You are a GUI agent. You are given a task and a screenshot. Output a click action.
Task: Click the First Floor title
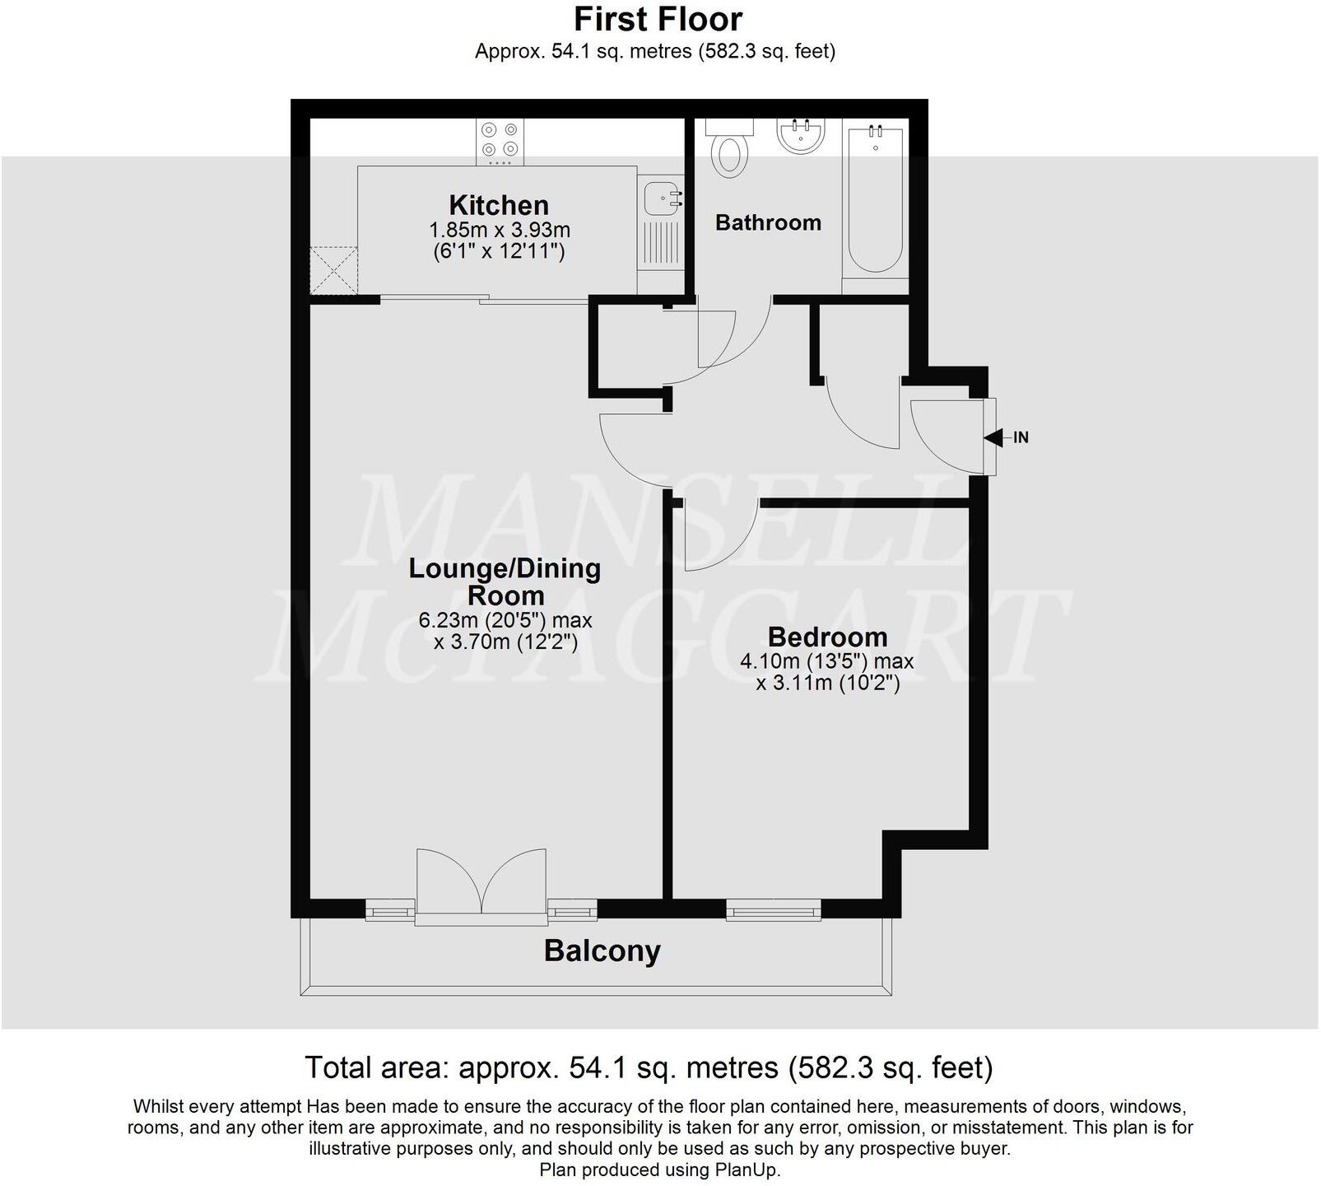658,19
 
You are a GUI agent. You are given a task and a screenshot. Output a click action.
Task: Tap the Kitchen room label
499,205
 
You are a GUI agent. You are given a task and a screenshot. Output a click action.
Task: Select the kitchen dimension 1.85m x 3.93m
499,230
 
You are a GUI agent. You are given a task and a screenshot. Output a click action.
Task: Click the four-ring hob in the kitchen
500,139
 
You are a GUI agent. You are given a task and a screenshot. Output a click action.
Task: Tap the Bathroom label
768,222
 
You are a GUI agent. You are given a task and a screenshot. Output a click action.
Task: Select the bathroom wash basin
801,136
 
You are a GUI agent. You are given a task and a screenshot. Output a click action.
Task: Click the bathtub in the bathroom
875,202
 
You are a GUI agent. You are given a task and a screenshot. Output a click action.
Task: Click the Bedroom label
827,637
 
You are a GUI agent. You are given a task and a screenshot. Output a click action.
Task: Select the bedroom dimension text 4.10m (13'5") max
827,661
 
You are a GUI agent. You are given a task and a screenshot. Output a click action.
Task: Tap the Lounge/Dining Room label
505,581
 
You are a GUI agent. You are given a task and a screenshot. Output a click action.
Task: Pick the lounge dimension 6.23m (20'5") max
505,620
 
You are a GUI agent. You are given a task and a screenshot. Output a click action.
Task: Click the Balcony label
602,951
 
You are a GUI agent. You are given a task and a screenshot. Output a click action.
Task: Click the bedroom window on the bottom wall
774,909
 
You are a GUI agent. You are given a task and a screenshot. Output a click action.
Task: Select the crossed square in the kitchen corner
334,271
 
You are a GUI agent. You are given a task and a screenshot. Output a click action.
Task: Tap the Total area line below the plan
649,1067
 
